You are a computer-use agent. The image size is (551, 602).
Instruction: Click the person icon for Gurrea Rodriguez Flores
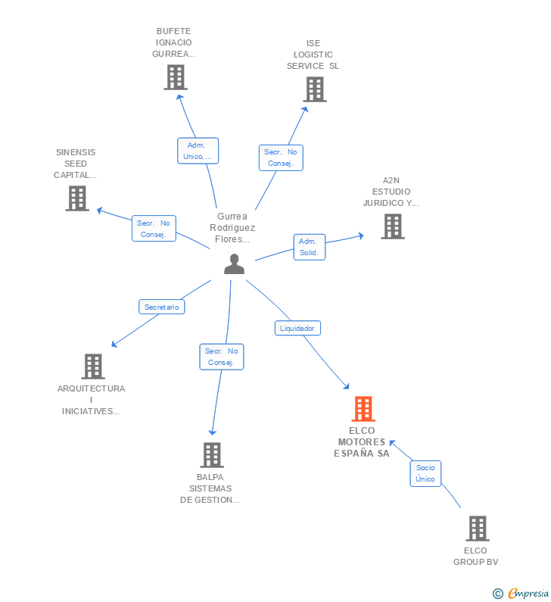click(x=235, y=264)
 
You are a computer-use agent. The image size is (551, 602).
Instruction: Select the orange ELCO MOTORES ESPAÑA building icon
click(x=363, y=409)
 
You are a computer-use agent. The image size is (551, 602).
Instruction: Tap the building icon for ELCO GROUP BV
click(x=477, y=529)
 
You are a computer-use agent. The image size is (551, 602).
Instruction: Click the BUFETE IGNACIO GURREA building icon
click(x=175, y=77)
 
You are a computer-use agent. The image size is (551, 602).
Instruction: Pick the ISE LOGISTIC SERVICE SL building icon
click(x=314, y=89)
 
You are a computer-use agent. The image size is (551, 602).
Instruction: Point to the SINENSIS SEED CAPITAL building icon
click(x=77, y=198)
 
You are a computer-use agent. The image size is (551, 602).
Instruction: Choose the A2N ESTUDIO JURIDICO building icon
click(x=392, y=226)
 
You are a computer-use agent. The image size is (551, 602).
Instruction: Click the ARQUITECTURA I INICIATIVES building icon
click(x=92, y=367)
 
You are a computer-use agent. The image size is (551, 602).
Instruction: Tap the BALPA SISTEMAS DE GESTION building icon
click(x=211, y=455)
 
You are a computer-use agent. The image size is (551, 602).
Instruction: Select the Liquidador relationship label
click(x=297, y=328)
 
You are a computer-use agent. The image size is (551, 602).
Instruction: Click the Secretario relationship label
click(x=162, y=307)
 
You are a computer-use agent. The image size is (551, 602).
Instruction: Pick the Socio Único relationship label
click(x=425, y=473)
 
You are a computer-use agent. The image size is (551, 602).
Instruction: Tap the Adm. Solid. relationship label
click(x=309, y=247)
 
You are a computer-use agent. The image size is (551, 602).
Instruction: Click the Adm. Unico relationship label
click(x=198, y=151)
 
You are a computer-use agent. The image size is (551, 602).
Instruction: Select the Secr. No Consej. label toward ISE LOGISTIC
click(x=281, y=158)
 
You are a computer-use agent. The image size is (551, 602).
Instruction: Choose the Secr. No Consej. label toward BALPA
click(x=222, y=357)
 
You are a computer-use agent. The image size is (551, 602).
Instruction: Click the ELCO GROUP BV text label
click(x=476, y=556)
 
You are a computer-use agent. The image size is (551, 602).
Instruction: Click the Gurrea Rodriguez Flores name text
click(x=232, y=227)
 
